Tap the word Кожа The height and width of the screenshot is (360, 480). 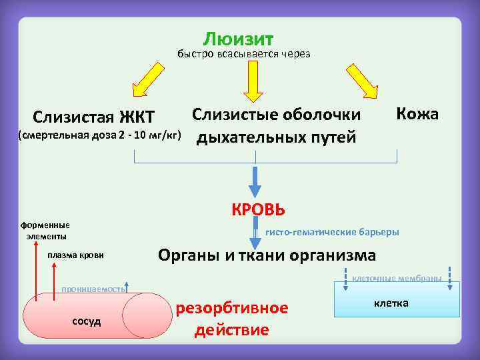point(417,113)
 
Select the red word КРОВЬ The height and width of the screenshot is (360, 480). point(259,209)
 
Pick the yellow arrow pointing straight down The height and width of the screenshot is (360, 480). point(253,81)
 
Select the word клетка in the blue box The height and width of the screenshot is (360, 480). point(391,303)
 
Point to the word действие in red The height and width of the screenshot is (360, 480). point(231,330)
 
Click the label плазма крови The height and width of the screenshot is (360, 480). point(75,255)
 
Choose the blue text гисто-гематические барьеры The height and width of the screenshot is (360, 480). point(332,232)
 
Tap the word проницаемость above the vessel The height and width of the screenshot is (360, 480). point(93,289)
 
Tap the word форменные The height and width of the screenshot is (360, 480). point(48,225)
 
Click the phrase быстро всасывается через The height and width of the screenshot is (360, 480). point(243,54)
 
